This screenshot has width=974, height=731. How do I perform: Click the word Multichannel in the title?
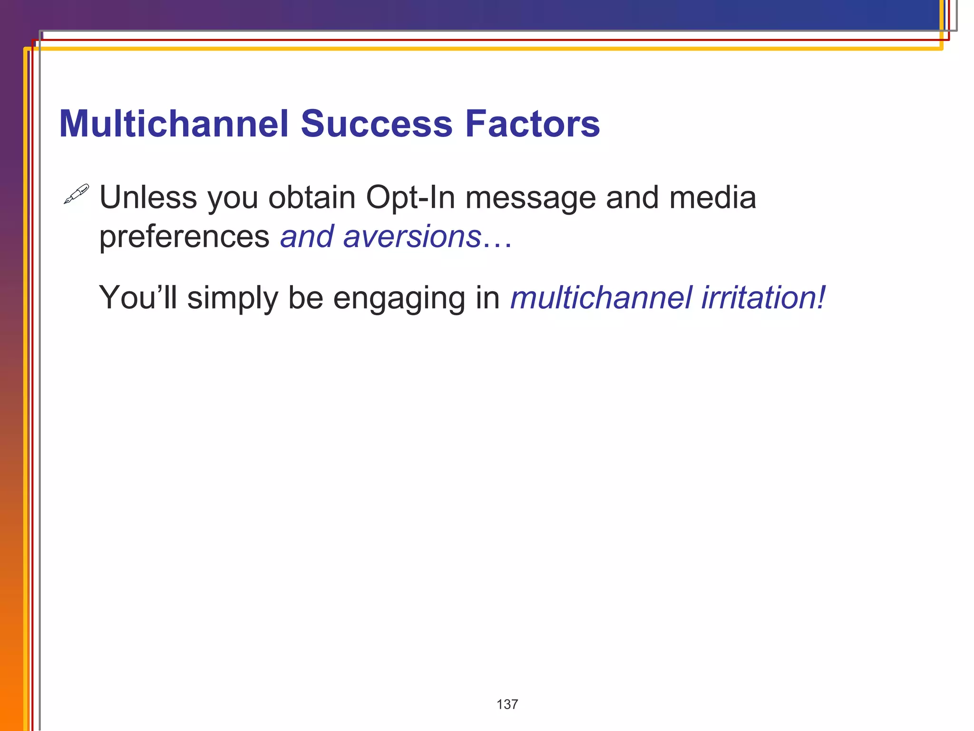(174, 124)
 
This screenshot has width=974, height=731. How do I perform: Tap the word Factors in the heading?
(532, 124)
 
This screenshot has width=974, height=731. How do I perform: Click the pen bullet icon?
(76, 194)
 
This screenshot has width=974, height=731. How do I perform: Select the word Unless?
(148, 198)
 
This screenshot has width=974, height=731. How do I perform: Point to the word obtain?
(312, 198)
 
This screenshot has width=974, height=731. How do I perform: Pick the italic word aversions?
(412, 237)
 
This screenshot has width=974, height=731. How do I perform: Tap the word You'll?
(137, 297)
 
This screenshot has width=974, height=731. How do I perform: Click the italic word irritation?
(763, 297)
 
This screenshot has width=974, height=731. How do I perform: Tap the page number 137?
(507, 704)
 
